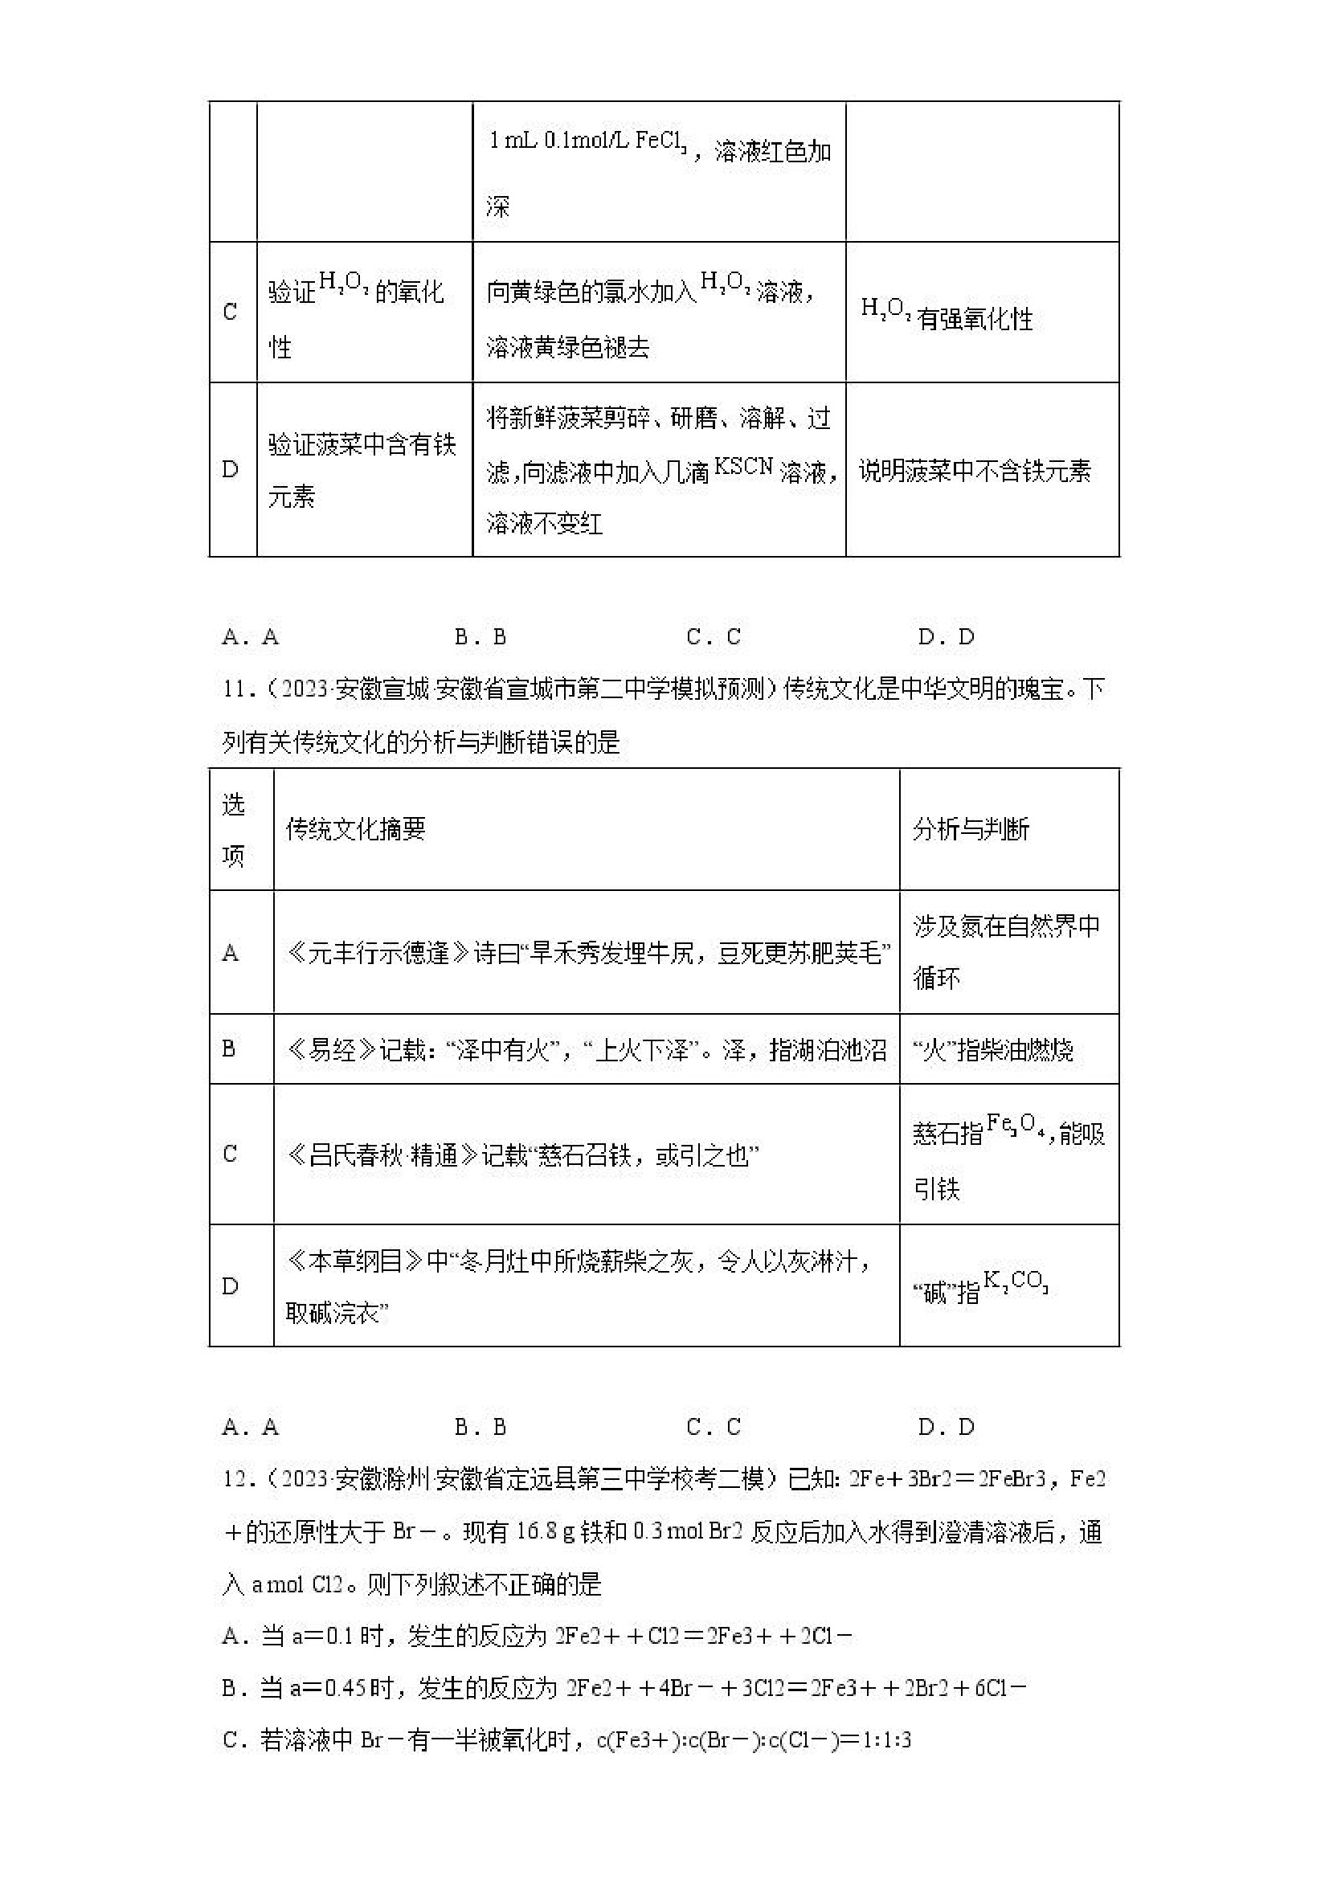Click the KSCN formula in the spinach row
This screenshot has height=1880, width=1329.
(743, 467)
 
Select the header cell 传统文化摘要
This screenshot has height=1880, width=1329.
(355, 829)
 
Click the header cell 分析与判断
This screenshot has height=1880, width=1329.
(971, 829)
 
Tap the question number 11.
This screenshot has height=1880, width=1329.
(235, 689)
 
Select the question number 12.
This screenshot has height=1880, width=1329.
(235, 1479)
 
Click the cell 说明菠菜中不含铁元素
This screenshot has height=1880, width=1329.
(975, 471)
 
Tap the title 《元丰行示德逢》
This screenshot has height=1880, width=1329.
(379, 953)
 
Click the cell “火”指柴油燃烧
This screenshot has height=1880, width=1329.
(992, 1050)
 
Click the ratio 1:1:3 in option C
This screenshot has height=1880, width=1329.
(886, 1740)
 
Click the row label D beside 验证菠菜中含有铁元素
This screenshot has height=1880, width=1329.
(230, 470)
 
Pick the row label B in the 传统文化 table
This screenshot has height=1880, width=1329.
(229, 1049)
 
